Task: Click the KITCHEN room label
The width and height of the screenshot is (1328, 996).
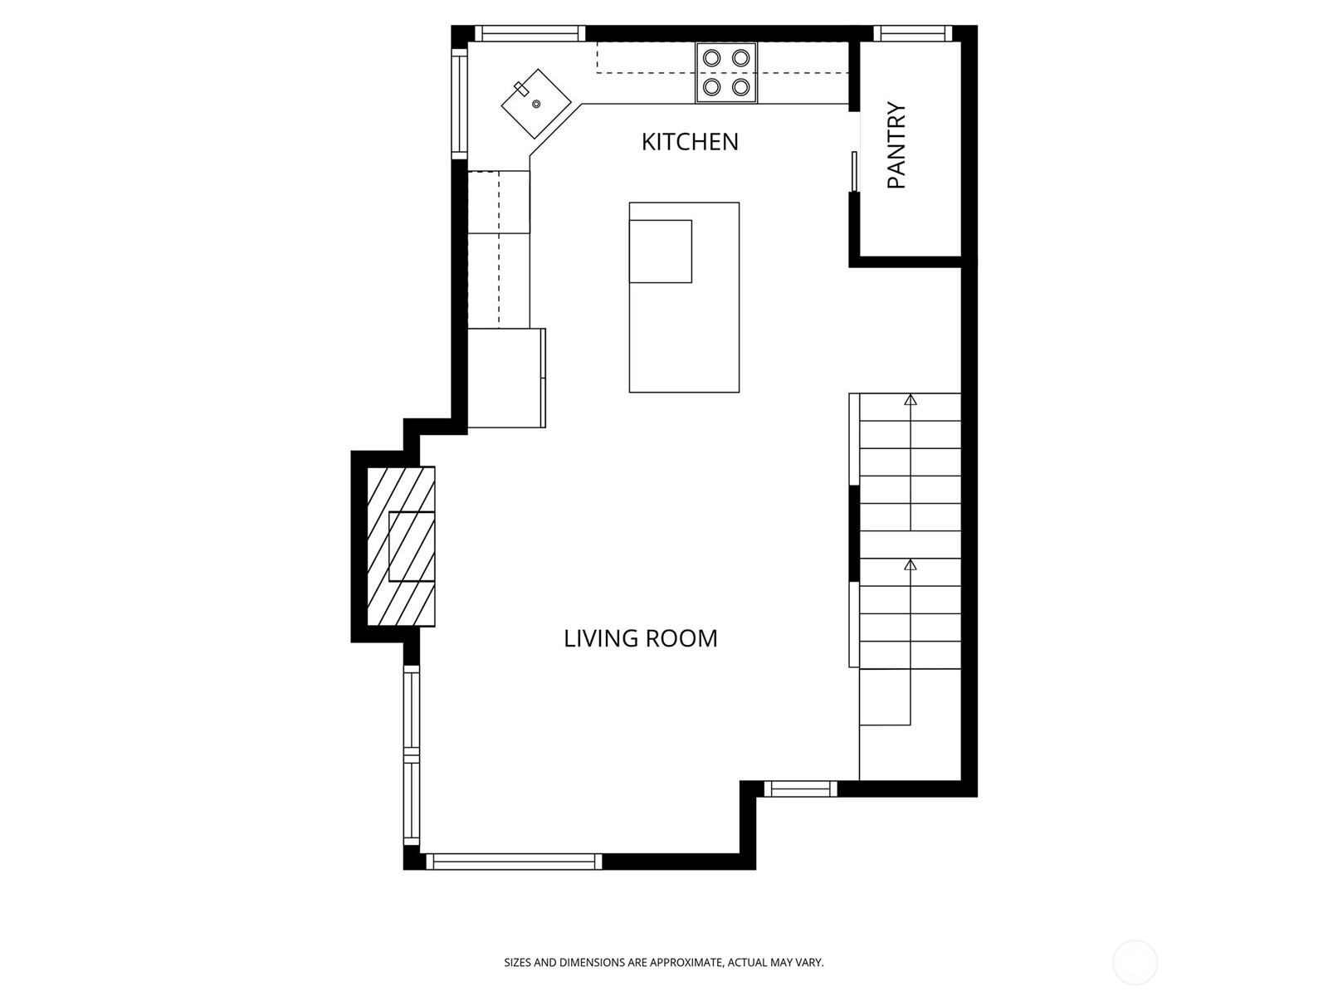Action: (x=690, y=142)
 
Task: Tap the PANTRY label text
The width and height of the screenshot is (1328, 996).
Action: (x=896, y=146)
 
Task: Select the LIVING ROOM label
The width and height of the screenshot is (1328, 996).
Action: (x=640, y=638)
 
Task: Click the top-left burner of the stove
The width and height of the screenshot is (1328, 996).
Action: (x=712, y=58)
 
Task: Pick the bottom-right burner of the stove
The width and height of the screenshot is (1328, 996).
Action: (x=741, y=86)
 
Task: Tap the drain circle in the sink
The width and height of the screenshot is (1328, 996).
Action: (x=536, y=104)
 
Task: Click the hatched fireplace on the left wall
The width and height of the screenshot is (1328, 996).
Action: (x=402, y=547)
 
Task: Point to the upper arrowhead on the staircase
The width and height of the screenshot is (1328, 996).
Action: (x=911, y=400)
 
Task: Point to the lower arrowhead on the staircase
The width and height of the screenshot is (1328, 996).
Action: (x=911, y=565)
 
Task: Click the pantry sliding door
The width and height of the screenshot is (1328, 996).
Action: (x=854, y=172)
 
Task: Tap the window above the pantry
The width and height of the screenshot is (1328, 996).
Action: (x=912, y=33)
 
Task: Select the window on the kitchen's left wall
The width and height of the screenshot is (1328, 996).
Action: (x=459, y=102)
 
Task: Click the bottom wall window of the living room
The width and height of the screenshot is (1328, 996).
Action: (x=514, y=862)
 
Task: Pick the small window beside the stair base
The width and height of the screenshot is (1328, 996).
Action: (x=800, y=788)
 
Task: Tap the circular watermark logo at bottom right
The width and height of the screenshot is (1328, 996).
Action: (x=1135, y=963)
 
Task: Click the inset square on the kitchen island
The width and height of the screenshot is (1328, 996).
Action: (x=662, y=251)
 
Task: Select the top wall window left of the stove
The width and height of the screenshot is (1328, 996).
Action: (x=529, y=33)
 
